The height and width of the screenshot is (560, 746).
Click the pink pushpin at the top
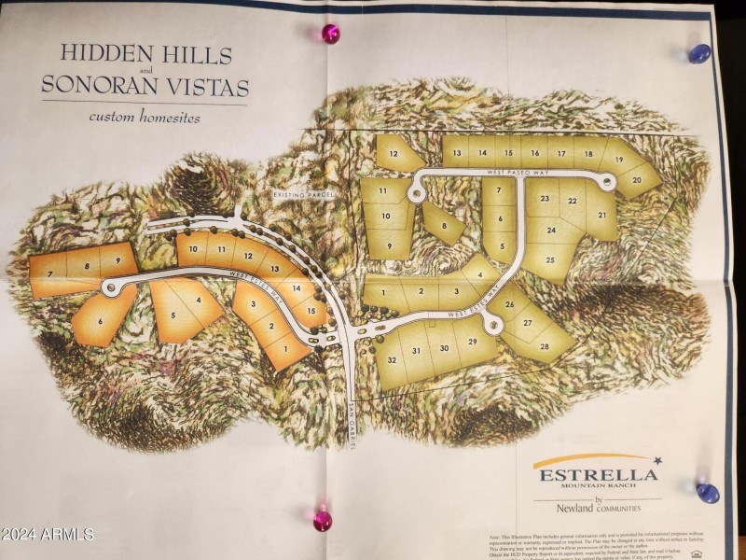(x=330, y=35)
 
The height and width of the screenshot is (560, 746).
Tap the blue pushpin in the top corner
(x=698, y=54)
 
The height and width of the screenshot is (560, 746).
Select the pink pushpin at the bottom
(x=323, y=520)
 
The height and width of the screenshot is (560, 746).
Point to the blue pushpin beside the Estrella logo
(x=708, y=493)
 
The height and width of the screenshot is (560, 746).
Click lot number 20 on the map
(x=638, y=179)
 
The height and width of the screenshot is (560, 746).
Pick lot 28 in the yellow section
(x=544, y=346)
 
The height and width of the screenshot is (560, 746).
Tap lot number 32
(x=393, y=359)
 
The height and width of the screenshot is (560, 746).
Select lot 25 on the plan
(x=550, y=259)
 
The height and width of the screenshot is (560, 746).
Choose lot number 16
(x=535, y=152)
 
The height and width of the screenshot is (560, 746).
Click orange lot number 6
(x=100, y=321)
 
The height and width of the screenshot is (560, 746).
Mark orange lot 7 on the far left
(x=48, y=272)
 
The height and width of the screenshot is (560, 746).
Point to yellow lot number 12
(x=394, y=153)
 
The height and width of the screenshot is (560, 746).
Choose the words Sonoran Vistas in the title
(x=145, y=88)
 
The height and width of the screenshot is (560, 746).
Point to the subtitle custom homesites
(x=145, y=118)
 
